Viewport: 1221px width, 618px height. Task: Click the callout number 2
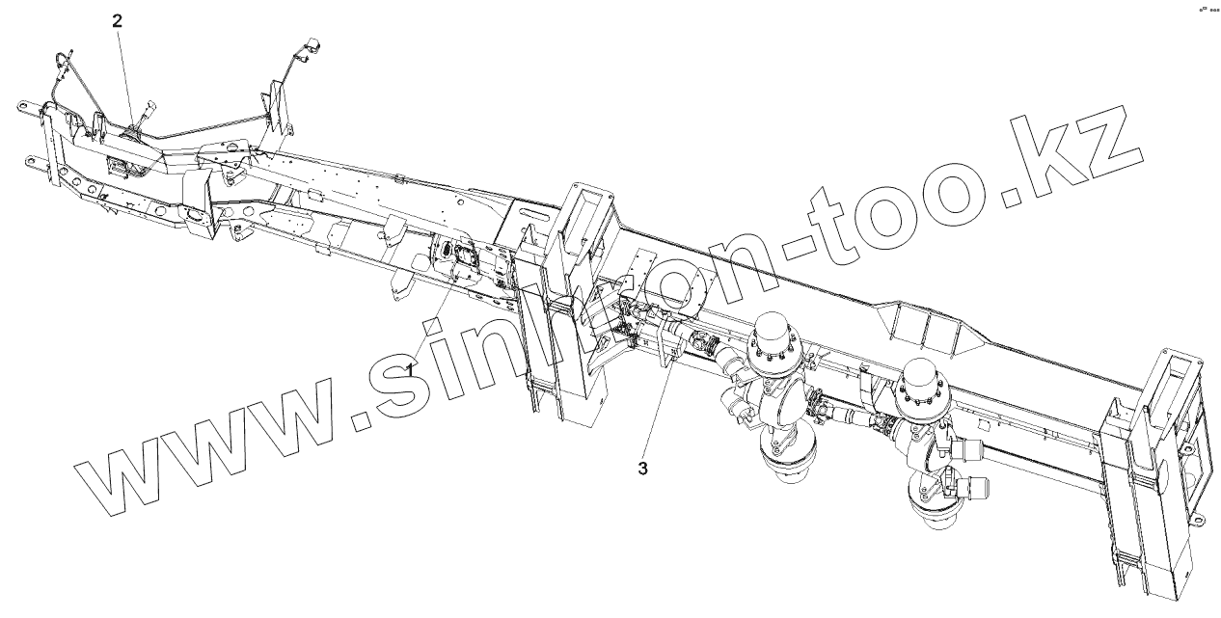coord(118,20)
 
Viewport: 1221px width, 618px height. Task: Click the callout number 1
coord(410,368)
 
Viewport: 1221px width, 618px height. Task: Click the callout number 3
coord(643,469)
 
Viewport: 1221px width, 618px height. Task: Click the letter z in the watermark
coord(1099,145)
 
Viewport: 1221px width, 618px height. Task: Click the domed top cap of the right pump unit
coord(924,372)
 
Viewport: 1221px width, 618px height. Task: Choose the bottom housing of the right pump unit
coord(933,506)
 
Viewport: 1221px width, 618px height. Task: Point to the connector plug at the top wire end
coord(313,45)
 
